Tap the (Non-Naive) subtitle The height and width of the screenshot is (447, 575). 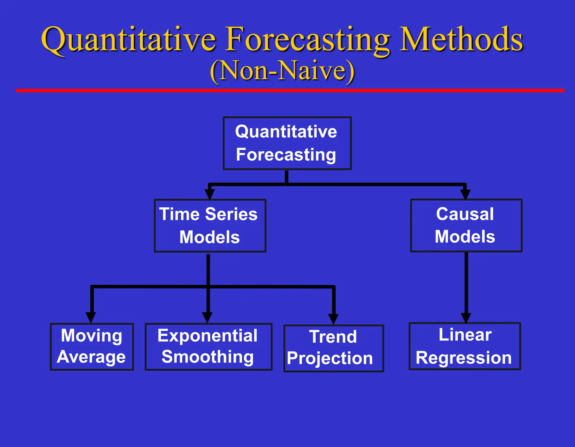tap(282, 71)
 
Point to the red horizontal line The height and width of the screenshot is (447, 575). tap(290, 90)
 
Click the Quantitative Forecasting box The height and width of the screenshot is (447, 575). tap(287, 143)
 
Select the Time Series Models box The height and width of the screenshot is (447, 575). tap(210, 226)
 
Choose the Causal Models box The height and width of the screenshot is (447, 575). tap(466, 225)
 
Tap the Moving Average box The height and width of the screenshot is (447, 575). tap(92, 347)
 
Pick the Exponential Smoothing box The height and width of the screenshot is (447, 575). tap(208, 347)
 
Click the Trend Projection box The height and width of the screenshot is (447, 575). tap(333, 348)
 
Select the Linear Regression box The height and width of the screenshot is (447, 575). tap(464, 346)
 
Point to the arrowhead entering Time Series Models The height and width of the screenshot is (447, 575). tap(209, 194)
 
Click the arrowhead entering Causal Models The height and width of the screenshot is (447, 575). tap(465, 194)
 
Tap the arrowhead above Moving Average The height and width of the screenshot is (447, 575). tap(91, 317)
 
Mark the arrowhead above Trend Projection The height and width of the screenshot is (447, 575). tap(333, 319)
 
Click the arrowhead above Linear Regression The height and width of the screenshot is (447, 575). tap(466, 318)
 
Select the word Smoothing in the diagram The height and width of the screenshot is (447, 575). tap(207, 357)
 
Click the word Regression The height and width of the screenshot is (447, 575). tap(464, 358)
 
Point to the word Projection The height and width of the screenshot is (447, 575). tap(330, 359)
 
